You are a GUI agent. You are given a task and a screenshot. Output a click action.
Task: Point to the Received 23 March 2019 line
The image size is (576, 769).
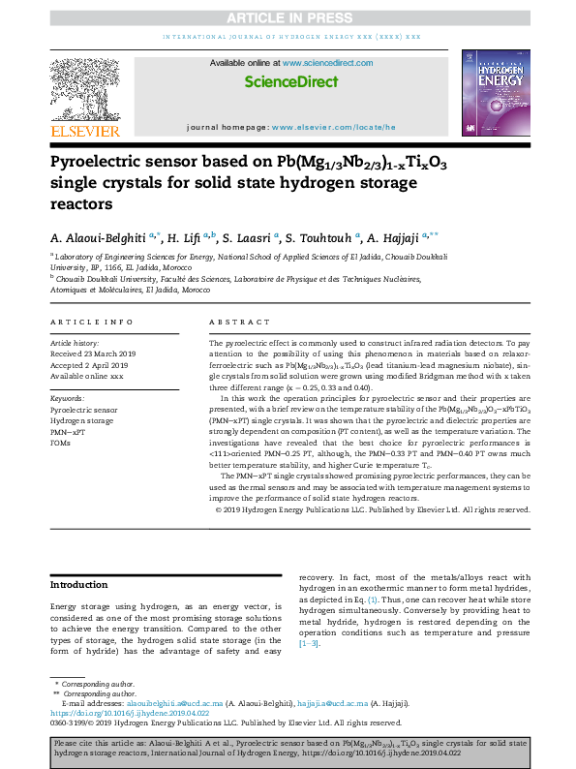(92, 354)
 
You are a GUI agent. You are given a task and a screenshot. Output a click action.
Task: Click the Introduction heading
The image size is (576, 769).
(79, 585)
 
